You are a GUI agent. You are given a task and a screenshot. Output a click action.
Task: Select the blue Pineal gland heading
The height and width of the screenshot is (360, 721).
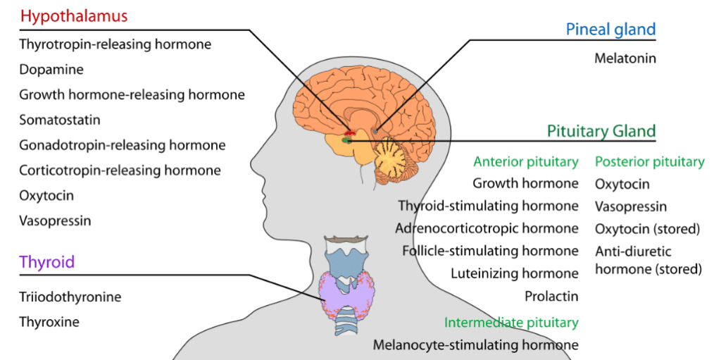610,30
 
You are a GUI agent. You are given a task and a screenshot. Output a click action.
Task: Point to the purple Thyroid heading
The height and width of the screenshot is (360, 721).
46,263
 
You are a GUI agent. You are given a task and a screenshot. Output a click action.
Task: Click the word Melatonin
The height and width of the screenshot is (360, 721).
625,58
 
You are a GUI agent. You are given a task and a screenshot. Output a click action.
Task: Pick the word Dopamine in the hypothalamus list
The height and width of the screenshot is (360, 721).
51,70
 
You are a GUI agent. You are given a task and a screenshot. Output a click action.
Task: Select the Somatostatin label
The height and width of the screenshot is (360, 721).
60,120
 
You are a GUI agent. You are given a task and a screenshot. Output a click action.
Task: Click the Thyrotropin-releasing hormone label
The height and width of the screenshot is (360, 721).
115,44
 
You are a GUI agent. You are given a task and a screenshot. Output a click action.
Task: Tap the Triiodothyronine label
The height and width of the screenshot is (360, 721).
70,297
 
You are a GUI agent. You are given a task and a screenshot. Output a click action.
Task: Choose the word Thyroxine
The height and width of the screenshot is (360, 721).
49,322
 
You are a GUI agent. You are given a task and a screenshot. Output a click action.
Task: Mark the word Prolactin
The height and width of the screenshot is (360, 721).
551,296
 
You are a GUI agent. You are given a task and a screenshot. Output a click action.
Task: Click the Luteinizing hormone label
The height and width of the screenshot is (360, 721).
515,273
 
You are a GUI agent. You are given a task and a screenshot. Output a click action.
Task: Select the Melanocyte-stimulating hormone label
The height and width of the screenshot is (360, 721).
475,345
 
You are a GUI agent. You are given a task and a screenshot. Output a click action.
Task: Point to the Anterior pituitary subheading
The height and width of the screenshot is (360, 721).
525,162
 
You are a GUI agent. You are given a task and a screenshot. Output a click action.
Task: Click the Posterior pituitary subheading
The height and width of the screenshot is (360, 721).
649,162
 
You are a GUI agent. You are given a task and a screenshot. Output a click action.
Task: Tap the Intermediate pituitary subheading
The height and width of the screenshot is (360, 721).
511,323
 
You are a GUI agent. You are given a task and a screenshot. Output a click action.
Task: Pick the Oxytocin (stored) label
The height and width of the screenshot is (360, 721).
647,229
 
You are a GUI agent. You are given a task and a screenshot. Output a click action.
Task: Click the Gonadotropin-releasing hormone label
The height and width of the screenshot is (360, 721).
123,146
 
